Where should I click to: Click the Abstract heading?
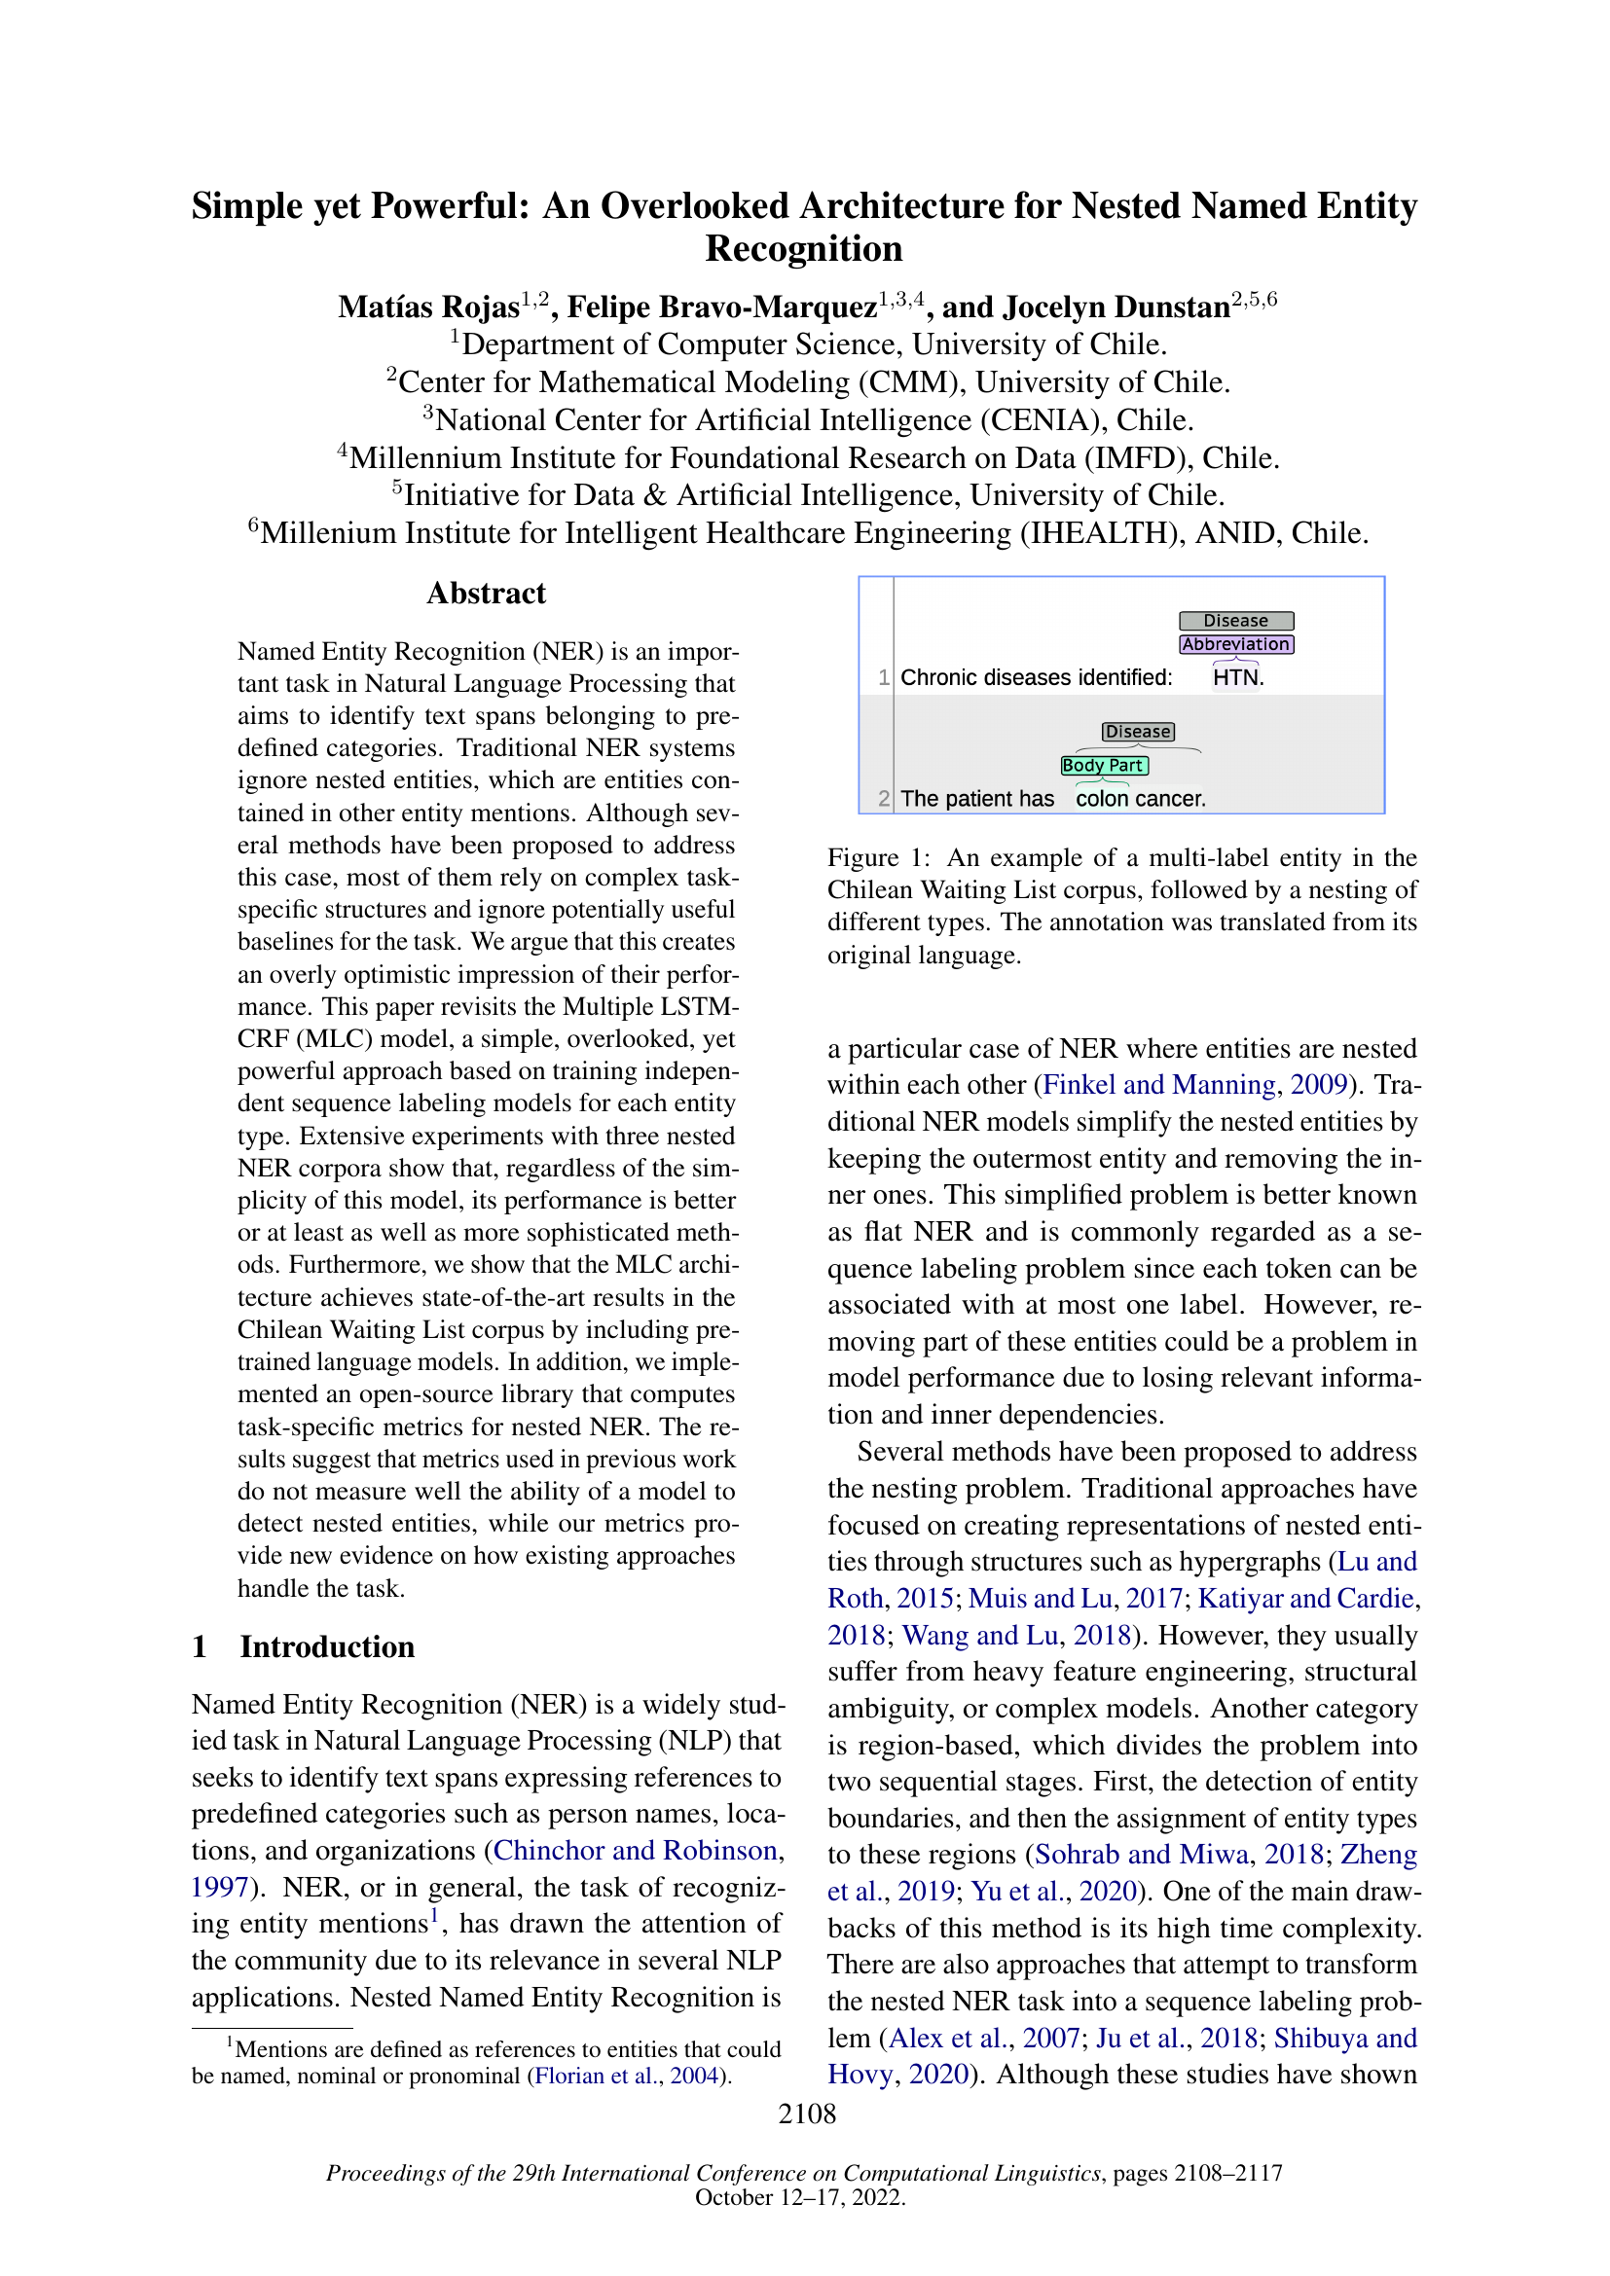coord(486,593)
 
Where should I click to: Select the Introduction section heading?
coord(326,1646)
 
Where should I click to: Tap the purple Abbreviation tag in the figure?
coord(1235,644)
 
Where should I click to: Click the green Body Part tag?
coord(1104,765)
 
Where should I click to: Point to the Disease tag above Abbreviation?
coord(1235,621)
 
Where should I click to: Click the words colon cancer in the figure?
coord(1140,799)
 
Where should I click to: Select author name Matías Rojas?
coord(428,307)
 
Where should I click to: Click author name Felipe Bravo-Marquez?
coord(720,307)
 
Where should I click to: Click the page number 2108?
coord(806,2113)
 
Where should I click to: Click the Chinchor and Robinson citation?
coord(635,1851)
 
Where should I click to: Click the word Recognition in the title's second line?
coord(804,249)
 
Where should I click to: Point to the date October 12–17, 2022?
coord(799,2197)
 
